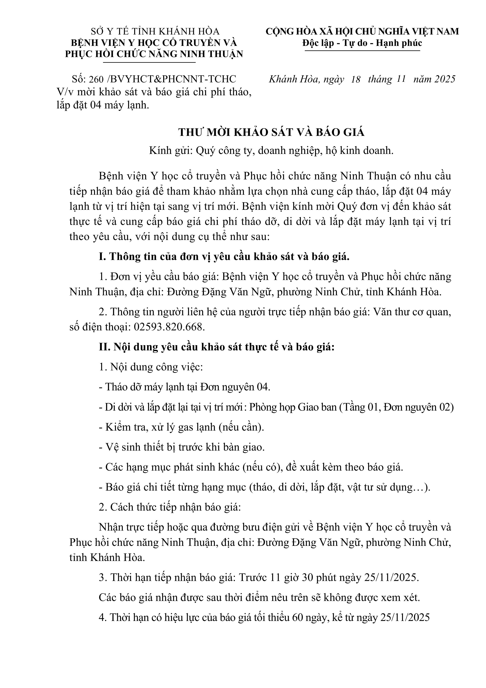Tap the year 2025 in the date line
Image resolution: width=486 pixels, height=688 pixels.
[x=445, y=79]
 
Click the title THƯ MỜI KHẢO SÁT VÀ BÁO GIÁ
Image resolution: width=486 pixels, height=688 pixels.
[x=271, y=133]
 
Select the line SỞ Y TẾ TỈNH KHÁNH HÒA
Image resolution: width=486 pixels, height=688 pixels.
[x=155, y=31]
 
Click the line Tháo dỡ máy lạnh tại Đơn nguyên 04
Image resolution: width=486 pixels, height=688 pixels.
[x=185, y=387]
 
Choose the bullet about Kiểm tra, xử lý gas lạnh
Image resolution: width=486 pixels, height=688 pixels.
[x=181, y=427]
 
